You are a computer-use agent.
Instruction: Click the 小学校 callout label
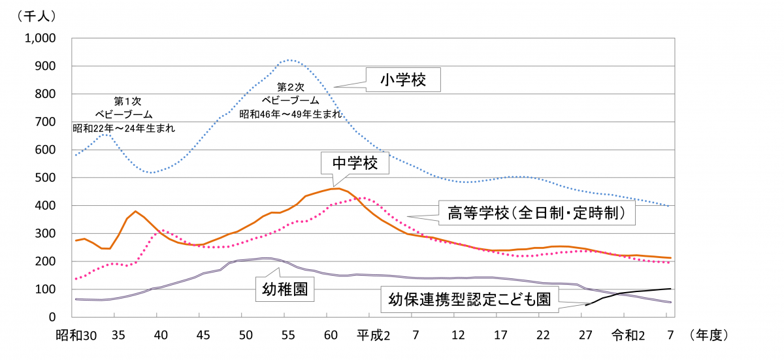pos(403,80)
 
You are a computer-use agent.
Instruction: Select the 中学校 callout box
pos(355,163)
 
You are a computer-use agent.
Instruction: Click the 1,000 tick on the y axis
pos(41,39)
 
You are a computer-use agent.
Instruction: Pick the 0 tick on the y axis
pos(57,317)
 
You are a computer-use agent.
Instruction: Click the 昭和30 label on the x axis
pos(77,335)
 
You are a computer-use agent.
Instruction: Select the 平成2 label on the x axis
pos(373,335)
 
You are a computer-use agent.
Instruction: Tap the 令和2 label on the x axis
pos(629,335)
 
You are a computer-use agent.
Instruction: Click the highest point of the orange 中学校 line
pos(336,188)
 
